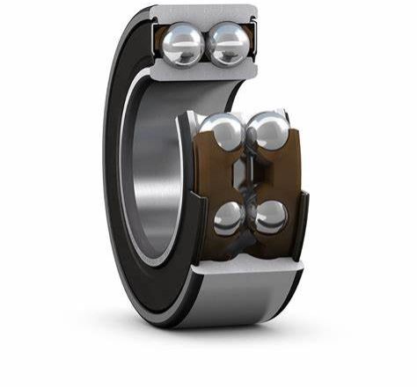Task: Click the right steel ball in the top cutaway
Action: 229,44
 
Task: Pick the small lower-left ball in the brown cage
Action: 230,217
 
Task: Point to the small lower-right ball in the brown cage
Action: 270,216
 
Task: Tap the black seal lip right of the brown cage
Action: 304,220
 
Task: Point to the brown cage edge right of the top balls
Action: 252,44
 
